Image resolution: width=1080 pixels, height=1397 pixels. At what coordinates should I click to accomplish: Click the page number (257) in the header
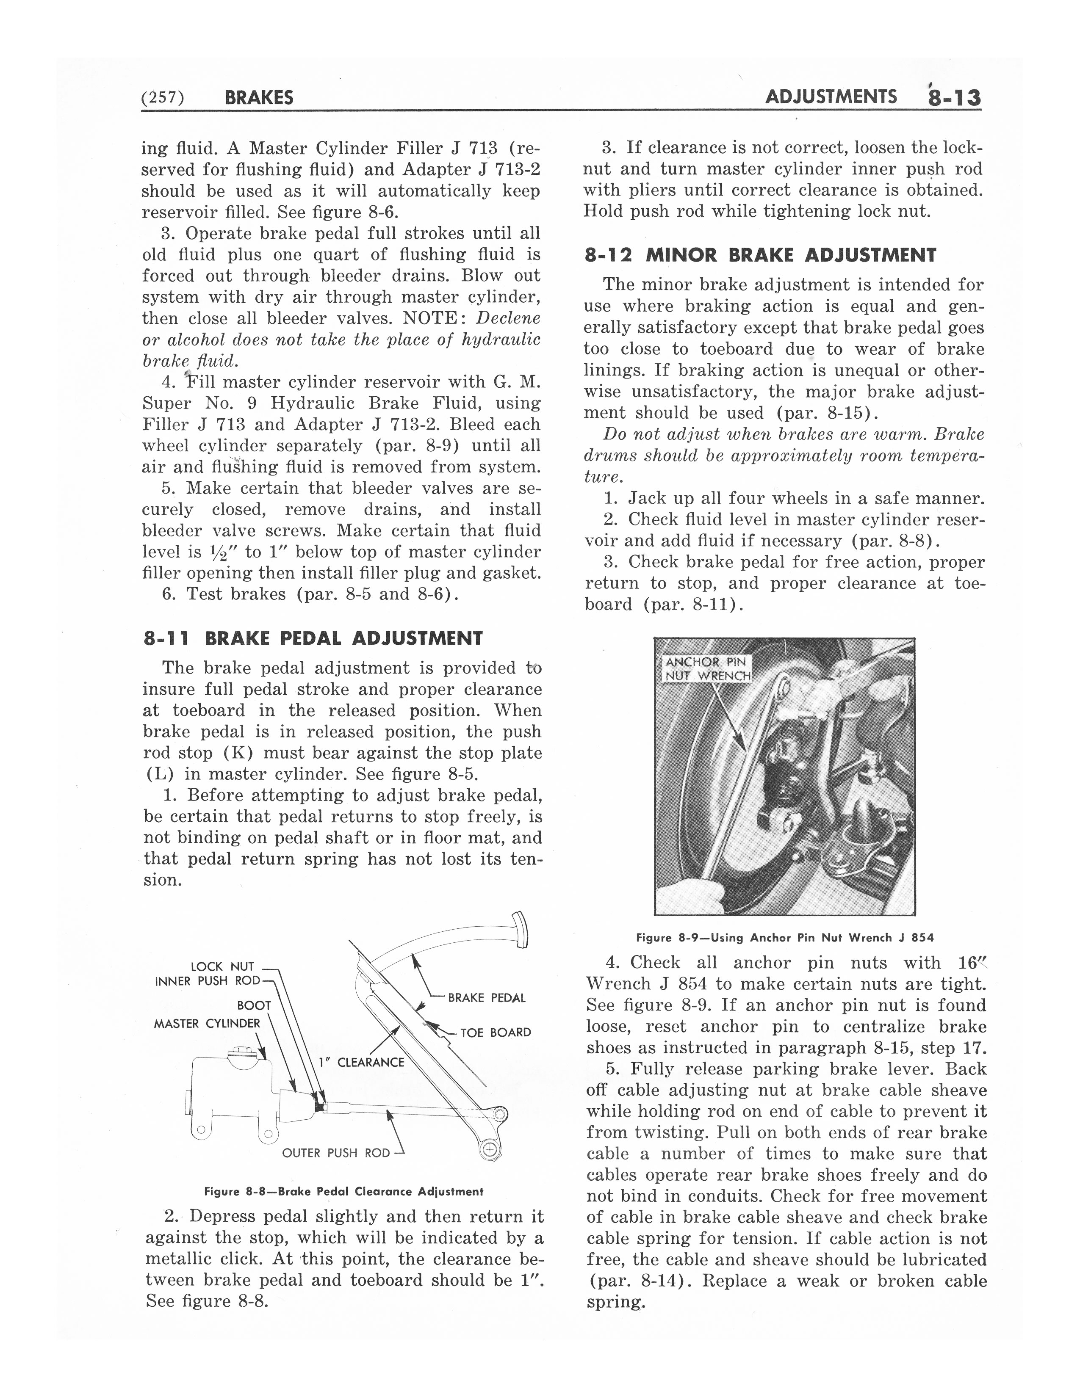[x=163, y=98]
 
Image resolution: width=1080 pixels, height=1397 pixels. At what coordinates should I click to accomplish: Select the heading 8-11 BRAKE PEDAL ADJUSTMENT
[x=313, y=638]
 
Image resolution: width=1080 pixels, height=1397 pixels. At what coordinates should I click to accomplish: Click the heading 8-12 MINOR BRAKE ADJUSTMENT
[x=760, y=255]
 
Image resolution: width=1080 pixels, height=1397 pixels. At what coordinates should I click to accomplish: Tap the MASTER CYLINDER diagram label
[x=207, y=1024]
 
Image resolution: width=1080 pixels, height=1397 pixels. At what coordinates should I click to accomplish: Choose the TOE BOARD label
[x=495, y=1033]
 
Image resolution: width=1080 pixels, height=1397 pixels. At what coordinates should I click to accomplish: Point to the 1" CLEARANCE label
[x=362, y=1063]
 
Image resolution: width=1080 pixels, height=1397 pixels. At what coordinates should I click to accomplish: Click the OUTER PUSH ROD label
[x=336, y=1153]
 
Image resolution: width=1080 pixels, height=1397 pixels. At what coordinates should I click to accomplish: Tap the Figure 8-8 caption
[x=343, y=1192]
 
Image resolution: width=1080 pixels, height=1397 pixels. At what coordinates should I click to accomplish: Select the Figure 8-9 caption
[x=784, y=938]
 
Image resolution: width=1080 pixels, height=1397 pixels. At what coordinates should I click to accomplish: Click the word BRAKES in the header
[x=259, y=98]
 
